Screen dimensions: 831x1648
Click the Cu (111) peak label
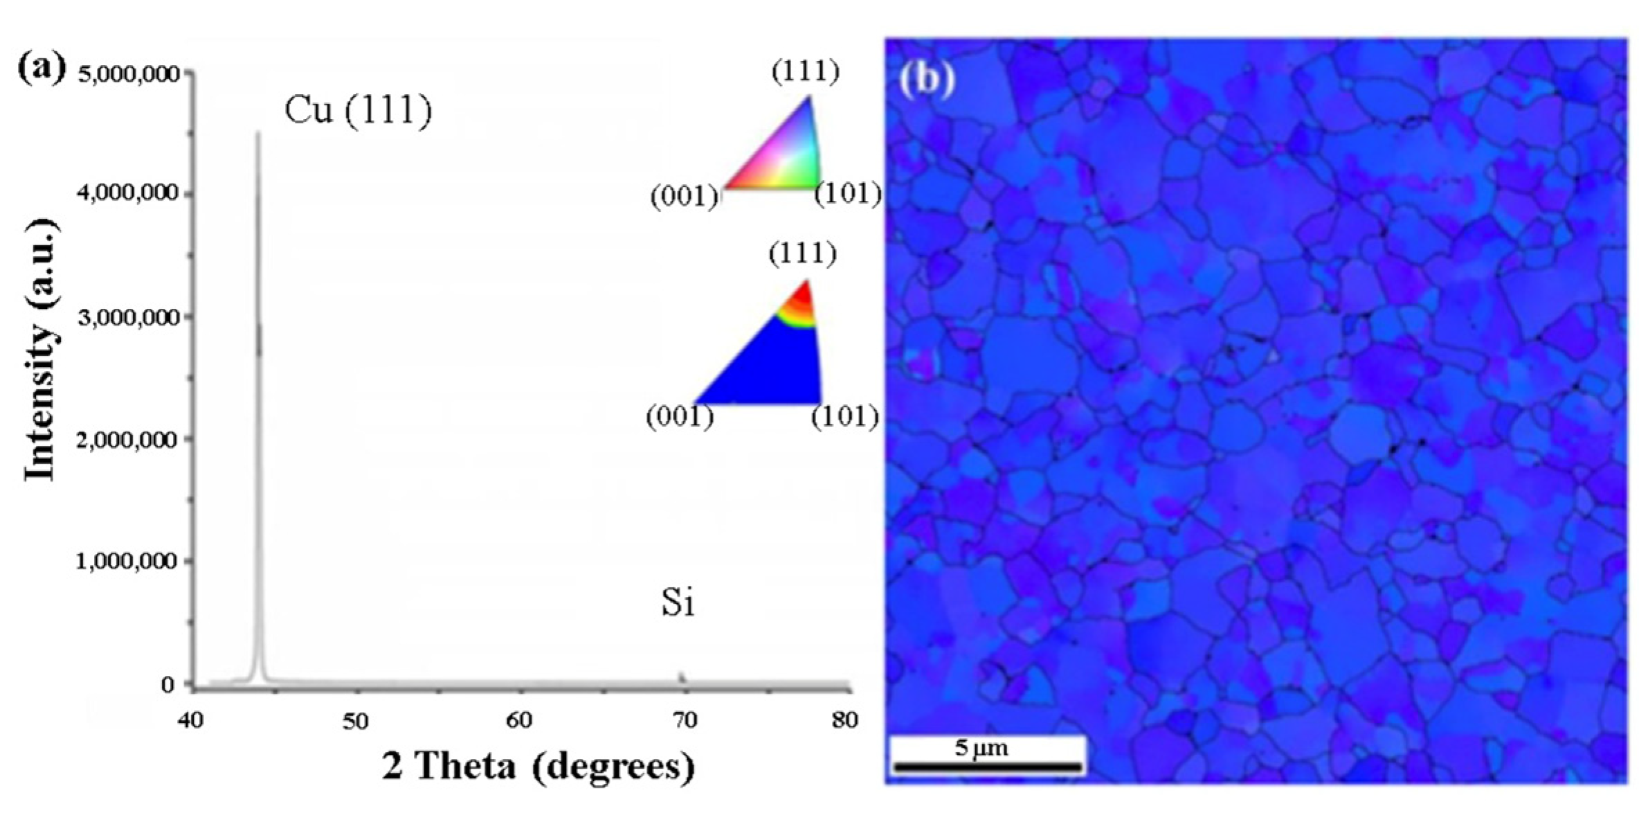358,109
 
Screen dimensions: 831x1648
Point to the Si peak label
677,602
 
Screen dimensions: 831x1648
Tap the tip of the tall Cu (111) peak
258,133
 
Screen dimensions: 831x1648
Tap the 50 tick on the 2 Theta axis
355,721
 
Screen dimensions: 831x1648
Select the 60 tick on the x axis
519,721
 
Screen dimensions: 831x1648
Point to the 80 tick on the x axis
844,721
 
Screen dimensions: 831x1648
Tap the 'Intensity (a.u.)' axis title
40,350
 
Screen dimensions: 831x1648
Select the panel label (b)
926,80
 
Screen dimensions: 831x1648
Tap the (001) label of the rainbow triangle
684,197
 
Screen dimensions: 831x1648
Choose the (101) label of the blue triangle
844,416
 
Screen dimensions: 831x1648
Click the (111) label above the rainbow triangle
805,71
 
